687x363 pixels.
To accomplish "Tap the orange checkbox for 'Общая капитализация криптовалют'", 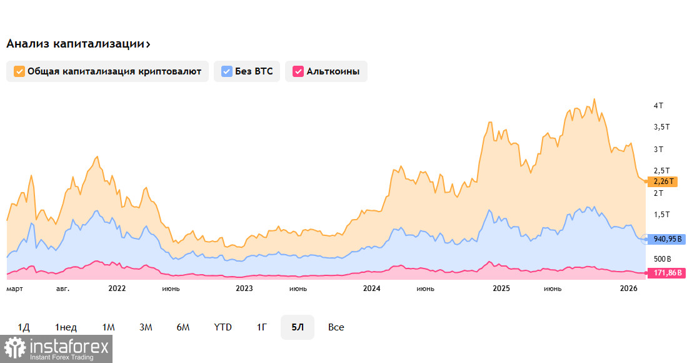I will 19,71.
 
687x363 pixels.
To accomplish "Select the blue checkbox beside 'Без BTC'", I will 226,71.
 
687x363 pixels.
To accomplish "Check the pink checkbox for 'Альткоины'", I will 298,71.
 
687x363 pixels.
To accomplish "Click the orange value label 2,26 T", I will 663,181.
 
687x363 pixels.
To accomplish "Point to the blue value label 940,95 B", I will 666,238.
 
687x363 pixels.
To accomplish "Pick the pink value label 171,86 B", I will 666,274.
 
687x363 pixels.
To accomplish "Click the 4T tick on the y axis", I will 658,106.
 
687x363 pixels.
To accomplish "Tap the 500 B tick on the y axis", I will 662,258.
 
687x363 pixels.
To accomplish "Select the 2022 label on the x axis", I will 117,289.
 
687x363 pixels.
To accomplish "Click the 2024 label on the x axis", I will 371,289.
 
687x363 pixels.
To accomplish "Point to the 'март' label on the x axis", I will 14,289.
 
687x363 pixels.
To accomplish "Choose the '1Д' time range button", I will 24,327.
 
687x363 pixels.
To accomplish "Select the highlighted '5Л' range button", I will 297,327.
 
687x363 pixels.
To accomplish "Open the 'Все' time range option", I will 336,327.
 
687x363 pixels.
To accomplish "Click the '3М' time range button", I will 146,327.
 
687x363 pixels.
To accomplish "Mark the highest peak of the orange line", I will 594,99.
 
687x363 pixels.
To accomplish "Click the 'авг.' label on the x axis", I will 63,289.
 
